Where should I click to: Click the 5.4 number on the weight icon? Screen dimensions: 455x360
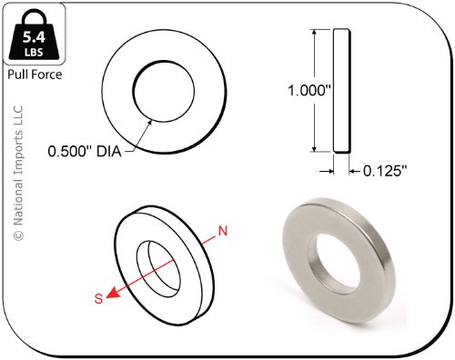point(34,37)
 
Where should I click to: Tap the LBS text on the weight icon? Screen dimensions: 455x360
point(34,52)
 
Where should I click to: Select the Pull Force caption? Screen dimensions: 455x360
point(35,75)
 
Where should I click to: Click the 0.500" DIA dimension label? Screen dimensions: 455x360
point(85,151)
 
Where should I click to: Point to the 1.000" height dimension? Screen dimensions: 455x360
point(308,90)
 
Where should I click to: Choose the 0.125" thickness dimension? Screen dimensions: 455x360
point(385,172)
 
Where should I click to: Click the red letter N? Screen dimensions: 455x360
point(223,231)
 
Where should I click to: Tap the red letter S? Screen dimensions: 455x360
point(98,299)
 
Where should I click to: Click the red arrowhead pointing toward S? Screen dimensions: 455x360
point(113,293)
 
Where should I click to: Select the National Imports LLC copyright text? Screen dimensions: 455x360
point(18,173)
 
